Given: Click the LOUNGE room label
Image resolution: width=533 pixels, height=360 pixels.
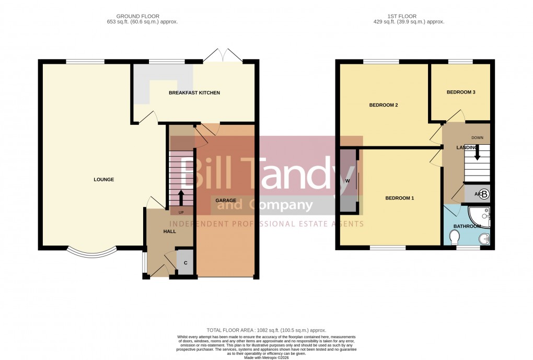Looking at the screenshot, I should coord(103,180).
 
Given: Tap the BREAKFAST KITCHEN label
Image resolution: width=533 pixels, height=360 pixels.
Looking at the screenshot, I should coord(194,93).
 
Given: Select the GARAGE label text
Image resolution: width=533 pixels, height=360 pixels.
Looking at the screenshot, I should coord(226,201).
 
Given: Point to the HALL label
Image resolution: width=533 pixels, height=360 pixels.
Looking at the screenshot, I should coord(170,231).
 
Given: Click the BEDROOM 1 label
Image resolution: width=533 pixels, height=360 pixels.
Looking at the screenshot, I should coord(399,198).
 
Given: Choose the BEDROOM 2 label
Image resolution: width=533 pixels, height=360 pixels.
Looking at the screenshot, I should coord(384,105).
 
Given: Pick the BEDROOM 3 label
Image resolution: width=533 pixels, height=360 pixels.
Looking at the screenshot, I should coord(461,92).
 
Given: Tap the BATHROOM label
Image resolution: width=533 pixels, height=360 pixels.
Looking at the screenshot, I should coord(467,226).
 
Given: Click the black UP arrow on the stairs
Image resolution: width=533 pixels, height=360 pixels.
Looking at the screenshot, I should coord(181,198).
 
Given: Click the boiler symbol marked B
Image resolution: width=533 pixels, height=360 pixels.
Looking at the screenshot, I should coord(484,194).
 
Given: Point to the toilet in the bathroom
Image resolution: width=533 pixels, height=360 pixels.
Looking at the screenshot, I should coord(454,238).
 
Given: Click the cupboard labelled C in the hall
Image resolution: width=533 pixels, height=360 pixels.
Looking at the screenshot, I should coord(185,262).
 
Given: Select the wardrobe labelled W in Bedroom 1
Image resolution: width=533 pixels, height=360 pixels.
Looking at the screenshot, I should coord(347,181).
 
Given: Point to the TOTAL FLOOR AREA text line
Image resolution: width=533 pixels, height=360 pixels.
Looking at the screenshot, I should coord(266,330).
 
